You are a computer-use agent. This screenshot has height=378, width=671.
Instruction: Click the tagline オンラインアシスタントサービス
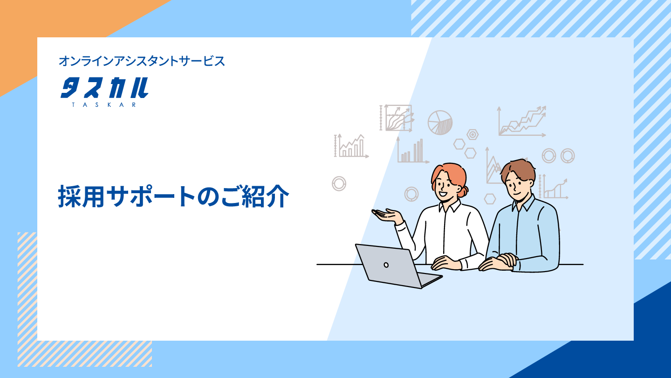[x=142, y=61]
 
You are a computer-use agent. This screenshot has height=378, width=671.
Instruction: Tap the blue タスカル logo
[x=104, y=88]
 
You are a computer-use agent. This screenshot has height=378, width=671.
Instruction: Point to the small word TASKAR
[x=104, y=105]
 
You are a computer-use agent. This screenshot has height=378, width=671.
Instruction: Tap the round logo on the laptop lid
[x=386, y=265]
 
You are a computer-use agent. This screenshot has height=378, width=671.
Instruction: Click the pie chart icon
[x=440, y=122]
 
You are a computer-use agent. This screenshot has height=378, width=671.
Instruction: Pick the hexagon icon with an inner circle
[x=472, y=134]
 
